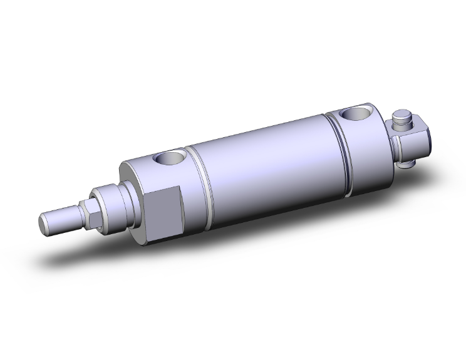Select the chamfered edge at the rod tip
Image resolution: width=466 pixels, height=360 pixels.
(40, 219)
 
